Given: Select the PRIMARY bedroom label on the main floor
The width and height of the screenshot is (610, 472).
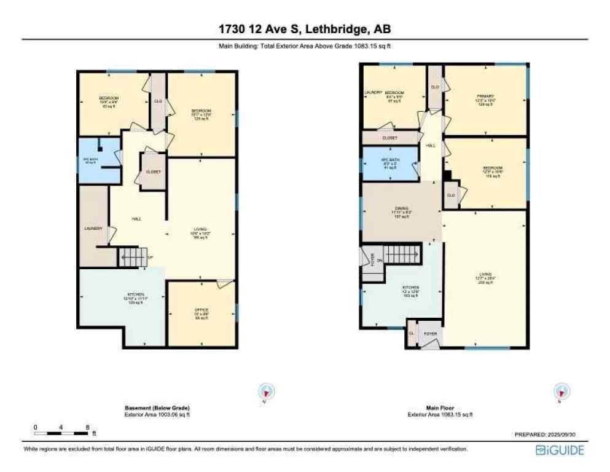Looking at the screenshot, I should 485,96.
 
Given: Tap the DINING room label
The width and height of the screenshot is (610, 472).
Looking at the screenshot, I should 401,208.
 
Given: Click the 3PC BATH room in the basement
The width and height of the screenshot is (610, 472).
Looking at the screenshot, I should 91,162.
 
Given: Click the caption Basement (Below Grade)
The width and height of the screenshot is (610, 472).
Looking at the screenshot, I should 157,409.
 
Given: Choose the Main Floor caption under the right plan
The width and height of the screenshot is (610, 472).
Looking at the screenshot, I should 440,407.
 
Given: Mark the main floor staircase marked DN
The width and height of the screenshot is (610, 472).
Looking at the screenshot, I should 402,253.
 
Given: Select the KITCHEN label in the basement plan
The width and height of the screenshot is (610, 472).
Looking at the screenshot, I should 135,296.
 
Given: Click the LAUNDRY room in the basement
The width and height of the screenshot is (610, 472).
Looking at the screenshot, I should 93,229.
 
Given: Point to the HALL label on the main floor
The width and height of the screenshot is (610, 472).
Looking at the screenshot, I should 431,146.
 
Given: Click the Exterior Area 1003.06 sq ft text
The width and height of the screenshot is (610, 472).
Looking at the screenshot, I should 157,415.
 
